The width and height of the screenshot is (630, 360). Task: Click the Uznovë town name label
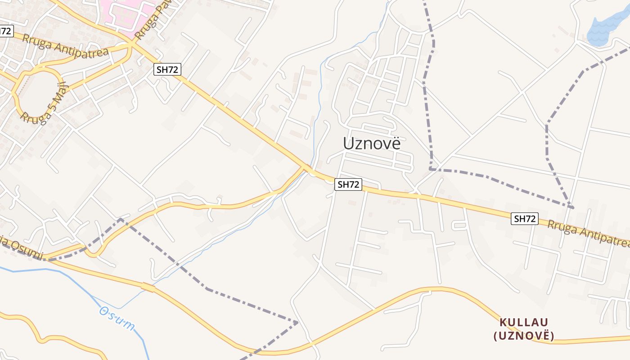(371, 143)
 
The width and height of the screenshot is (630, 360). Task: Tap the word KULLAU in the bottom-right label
(523, 322)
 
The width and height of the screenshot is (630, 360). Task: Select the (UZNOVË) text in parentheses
(523, 336)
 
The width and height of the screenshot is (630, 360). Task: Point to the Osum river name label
(117, 318)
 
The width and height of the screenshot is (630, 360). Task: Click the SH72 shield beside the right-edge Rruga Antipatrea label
(525, 219)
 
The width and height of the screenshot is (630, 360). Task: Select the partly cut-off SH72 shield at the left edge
(6, 31)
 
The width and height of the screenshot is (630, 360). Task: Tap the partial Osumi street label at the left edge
(22, 250)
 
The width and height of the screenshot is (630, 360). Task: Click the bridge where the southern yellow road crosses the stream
(148, 287)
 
